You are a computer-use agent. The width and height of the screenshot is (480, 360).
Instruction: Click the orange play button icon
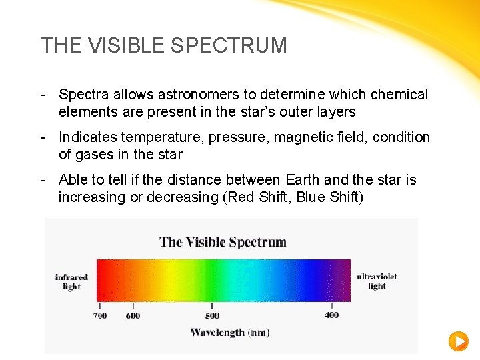pyautogui.click(x=458, y=341)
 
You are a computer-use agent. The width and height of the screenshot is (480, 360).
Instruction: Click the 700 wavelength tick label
pyautogui.click(x=100, y=315)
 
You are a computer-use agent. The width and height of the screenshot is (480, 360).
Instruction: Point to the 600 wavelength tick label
pyautogui.click(x=133, y=315)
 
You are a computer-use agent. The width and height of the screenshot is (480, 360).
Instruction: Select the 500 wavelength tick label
pyautogui.click(x=212, y=315)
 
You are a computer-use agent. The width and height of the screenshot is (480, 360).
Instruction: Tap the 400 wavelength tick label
pyautogui.click(x=331, y=315)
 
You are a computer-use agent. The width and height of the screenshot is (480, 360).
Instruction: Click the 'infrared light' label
pyautogui.click(x=71, y=281)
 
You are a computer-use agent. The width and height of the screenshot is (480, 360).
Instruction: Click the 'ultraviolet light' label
pyautogui.click(x=377, y=281)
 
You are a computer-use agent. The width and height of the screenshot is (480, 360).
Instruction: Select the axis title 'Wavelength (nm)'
pyautogui.click(x=230, y=332)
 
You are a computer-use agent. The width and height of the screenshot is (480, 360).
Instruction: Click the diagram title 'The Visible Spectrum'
pyautogui.click(x=223, y=241)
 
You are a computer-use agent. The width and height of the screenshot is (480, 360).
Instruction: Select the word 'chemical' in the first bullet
pyautogui.click(x=401, y=95)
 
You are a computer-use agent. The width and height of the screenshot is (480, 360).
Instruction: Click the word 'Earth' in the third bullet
pyautogui.click(x=302, y=180)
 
